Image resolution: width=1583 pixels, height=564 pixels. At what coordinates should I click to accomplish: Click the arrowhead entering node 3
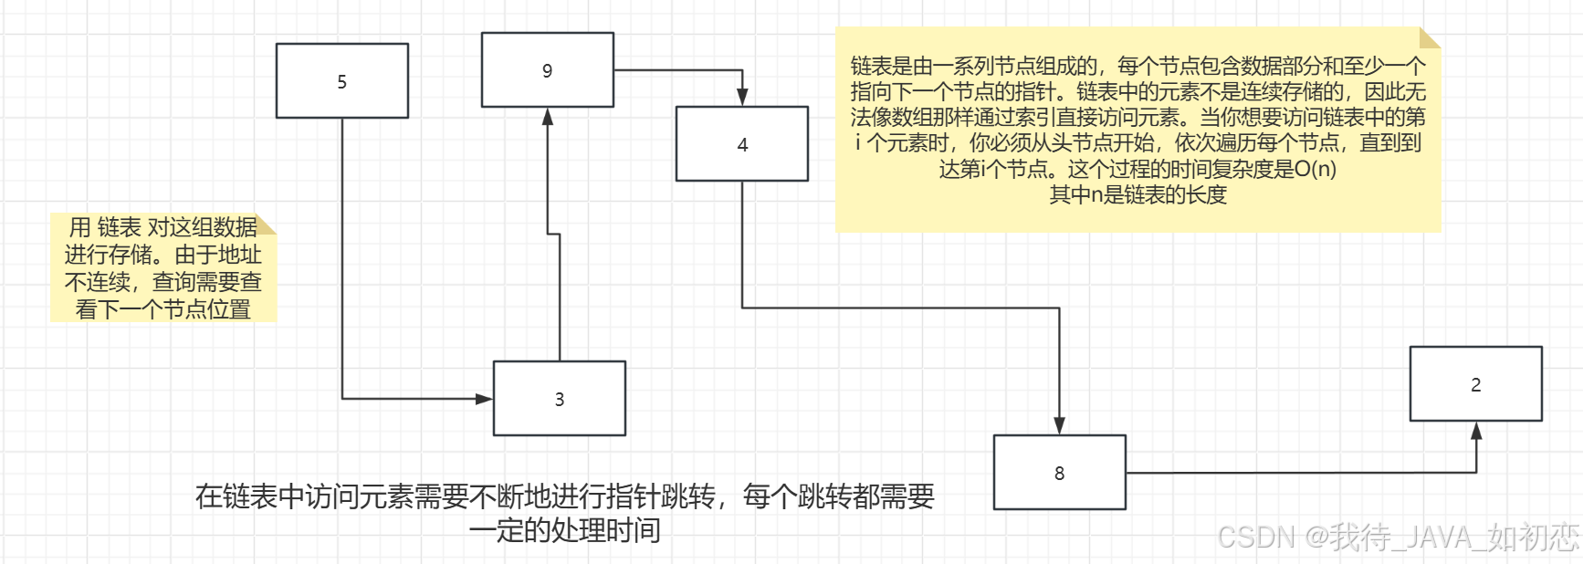coord(485,399)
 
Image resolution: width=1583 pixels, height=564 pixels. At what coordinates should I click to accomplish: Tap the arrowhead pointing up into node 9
coord(548,116)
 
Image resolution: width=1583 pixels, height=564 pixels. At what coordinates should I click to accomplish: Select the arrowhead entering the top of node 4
coord(742,98)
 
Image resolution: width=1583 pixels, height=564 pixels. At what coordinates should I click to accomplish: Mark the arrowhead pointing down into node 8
coord(1059,426)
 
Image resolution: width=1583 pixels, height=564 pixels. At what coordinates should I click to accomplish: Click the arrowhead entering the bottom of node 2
coord(1476,430)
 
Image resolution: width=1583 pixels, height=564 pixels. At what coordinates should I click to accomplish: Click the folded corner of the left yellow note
coord(267,223)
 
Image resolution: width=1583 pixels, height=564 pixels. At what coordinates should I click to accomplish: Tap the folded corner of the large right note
coord(1430,37)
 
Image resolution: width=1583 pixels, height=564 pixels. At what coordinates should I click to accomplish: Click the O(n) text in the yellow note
coord(1315,169)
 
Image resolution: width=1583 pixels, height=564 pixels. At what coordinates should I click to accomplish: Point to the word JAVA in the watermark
coord(1438,537)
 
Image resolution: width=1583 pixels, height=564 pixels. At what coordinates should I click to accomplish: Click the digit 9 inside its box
coord(547,71)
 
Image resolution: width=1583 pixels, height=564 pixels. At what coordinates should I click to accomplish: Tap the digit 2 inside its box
coord(1475,385)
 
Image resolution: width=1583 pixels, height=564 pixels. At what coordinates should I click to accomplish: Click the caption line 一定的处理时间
coord(564,530)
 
